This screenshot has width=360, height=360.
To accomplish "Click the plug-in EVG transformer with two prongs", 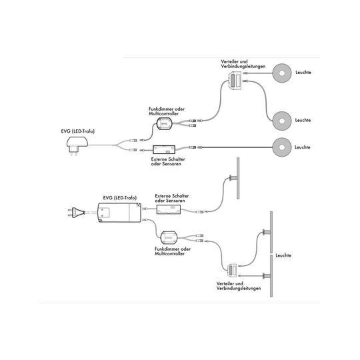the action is pos(77,145).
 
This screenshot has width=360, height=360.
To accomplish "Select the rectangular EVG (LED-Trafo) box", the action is pos(119,213).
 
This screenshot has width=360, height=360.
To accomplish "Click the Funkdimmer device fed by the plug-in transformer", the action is pos(164,124).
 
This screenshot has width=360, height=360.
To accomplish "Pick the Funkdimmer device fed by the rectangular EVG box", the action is pos(169,238).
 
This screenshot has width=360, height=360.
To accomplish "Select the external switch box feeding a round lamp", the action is pos(164,149).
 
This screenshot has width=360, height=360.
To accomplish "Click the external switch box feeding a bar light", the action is pos(169,209).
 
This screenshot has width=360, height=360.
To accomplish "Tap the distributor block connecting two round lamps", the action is pos(235,81).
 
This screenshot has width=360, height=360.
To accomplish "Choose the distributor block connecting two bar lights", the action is pos(232,271).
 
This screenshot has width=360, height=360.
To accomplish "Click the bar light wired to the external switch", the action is pos(238,178).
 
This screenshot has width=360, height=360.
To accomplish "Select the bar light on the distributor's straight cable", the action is pos(271,276).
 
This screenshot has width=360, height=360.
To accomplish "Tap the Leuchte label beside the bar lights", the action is pos(283,255).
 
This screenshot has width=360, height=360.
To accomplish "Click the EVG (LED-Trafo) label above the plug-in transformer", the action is pos(77,131).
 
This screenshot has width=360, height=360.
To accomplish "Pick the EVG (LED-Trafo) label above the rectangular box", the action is pos(119,198).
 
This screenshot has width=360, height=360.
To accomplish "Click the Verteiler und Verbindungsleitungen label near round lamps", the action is pos(243,64).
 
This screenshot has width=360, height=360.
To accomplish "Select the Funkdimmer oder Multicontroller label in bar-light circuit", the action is pos(173,251).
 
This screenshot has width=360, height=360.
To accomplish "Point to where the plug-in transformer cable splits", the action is pos(113,145).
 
